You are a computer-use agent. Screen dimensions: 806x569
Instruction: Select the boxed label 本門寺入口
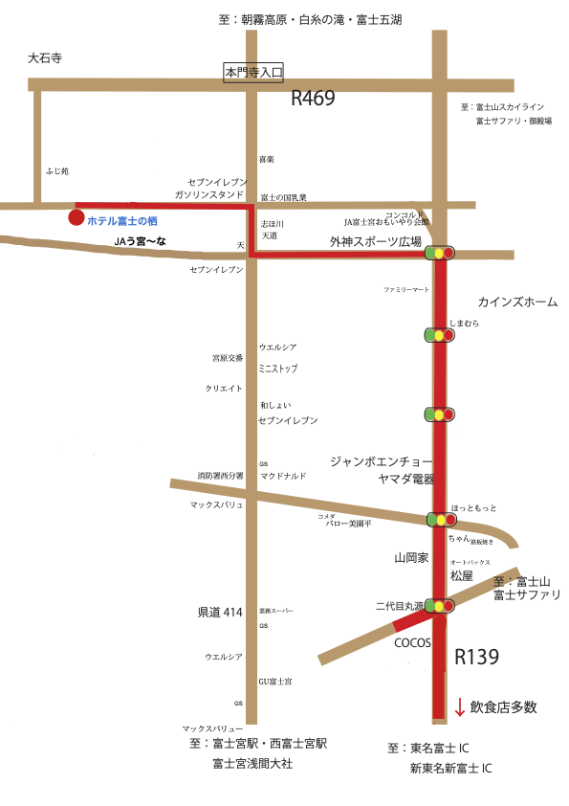254,71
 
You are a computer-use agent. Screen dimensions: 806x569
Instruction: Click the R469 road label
314,98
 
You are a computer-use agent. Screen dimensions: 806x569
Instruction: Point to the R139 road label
476,658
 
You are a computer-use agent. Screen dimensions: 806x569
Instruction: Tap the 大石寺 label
45,58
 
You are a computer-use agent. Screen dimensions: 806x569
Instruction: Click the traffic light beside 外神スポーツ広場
440,253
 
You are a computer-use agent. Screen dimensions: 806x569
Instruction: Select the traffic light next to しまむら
440,335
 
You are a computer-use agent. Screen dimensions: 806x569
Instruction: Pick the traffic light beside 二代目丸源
440,606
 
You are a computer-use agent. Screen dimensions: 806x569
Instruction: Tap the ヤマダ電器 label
406,479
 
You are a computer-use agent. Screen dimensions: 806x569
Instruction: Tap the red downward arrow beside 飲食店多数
460,707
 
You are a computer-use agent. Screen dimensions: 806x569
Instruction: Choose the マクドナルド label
283,475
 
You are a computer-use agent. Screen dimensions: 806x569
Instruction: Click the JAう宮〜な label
140,241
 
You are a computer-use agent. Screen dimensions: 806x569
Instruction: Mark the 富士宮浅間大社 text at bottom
252,764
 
